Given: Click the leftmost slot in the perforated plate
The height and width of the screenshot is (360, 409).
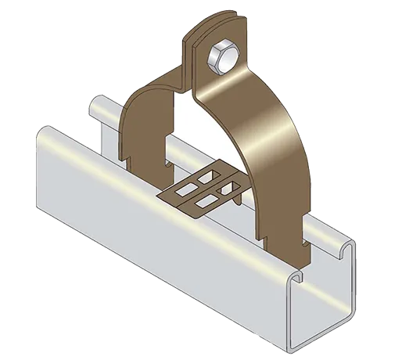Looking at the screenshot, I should pyautogui.click(x=186, y=189).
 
